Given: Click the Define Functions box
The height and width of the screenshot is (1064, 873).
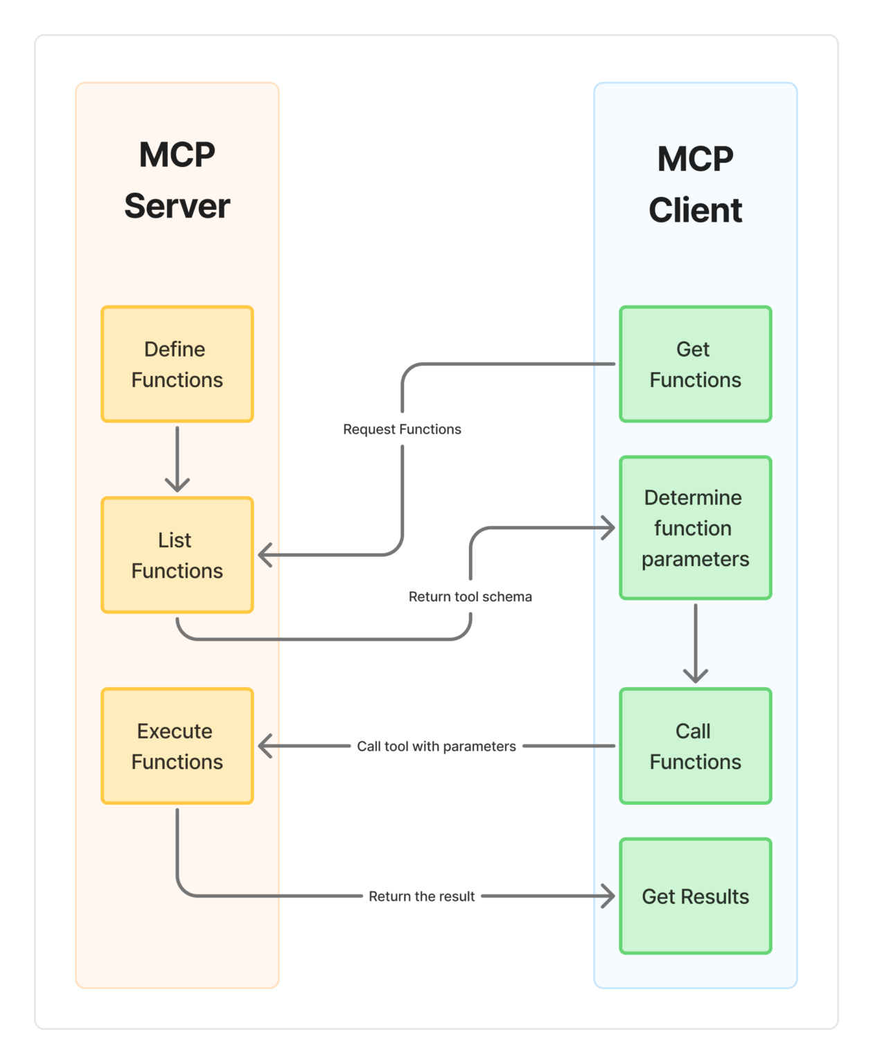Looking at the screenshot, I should tap(177, 364).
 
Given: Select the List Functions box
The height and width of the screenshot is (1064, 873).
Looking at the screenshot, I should tap(177, 555).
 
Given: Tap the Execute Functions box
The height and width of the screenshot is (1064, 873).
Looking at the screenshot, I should tap(177, 746).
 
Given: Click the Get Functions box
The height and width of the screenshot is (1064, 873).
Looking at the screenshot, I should tap(695, 364).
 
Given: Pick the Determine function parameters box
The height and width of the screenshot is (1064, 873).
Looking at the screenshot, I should tap(695, 528).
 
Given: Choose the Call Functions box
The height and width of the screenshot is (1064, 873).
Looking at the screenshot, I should tap(695, 746).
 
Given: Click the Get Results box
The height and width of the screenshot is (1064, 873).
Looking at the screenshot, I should tap(695, 896).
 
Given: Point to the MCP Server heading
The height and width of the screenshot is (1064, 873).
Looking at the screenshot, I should tap(177, 180).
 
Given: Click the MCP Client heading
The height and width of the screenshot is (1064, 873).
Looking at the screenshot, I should tap(695, 184).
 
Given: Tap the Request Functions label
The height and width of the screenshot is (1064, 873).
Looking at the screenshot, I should tap(402, 429).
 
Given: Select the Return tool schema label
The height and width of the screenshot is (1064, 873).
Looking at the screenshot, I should tap(470, 596).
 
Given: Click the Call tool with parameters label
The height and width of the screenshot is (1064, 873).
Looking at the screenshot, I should tap(436, 746).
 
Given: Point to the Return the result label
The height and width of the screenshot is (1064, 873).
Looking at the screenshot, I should tap(421, 896).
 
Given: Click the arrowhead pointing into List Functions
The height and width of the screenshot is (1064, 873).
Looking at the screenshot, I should tap(265, 555).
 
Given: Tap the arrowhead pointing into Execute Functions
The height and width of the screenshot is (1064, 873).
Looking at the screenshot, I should tap(265, 746).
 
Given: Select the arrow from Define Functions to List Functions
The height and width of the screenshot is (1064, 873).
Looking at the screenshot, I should tap(177, 457).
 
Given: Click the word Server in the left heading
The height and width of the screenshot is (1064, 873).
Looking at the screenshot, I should tap(177, 206).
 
